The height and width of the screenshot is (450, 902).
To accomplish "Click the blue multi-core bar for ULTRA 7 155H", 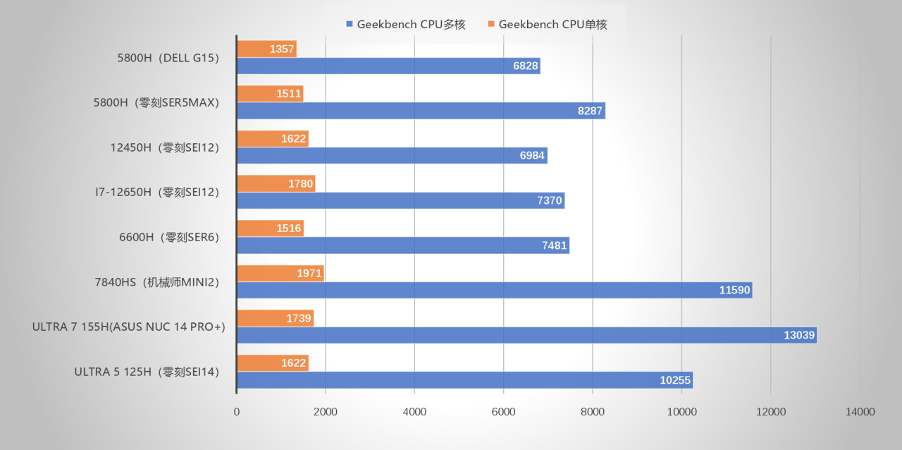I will (x=526, y=335).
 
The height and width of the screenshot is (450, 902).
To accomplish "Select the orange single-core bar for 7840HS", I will (x=280, y=273).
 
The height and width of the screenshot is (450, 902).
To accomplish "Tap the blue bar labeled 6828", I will (x=388, y=66).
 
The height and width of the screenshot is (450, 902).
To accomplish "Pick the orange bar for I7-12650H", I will (x=276, y=183).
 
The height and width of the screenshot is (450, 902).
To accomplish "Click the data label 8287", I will (x=590, y=111).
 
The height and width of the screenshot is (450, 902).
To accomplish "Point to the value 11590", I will (x=734, y=290).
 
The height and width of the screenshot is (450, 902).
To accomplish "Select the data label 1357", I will (x=282, y=49).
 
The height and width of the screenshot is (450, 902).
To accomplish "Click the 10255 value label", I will (x=675, y=380).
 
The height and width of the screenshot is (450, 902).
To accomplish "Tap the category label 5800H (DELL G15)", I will (x=168, y=58).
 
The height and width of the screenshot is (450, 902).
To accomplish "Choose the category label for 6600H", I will (x=169, y=237).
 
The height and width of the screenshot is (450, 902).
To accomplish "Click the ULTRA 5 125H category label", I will (x=147, y=372).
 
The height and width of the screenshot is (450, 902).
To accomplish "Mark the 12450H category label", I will (x=165, y=147).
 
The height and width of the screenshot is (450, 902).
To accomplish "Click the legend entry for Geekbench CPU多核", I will (x=406, y=24).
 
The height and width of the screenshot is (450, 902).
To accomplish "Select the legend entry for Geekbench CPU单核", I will (x=547, y=24).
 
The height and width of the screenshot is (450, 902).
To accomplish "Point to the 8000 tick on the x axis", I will (x=592, y=412).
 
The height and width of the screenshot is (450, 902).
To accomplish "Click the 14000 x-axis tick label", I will (x=860, y=412).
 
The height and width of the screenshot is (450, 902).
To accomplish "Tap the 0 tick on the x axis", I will (x=237, y=412).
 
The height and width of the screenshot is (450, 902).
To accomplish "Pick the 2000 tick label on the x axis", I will (x=326, y=412).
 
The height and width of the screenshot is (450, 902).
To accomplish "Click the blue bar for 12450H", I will (x=392, y=156).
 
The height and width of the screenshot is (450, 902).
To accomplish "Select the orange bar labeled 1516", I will (x=270, y=228).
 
